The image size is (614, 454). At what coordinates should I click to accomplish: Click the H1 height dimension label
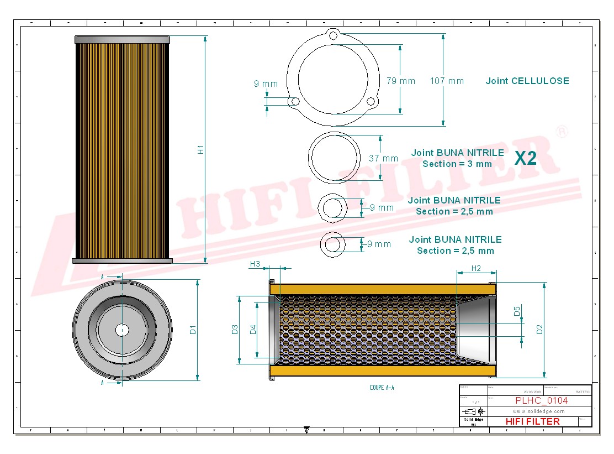pyautogui.click(x=201, y=149)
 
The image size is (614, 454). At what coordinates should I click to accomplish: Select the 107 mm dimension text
pyautogui.click(x=447, y=81)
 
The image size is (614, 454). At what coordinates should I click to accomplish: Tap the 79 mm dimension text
pyautogui.click(x=400, y=81)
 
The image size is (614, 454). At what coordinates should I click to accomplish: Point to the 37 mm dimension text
pyautogui.click(x=383, y=159)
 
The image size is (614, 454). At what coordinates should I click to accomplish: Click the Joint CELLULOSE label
pyautogui.click(x=527, y=81)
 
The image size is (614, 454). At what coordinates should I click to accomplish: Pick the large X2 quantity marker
pyautogui.click(x=525, y=158)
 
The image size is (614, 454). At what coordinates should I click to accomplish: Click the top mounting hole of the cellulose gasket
pyautogui.click(x=333, y=35)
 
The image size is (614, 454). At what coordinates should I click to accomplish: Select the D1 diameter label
pyautogui.click(x=193, y=330)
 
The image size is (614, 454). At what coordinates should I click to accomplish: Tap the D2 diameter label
pyautogui.click(x=539, y=330)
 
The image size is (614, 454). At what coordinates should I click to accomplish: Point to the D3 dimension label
pyautogui.click(x=235, y=330)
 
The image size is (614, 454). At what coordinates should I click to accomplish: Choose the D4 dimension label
pyautogui.click(x=253, y=330)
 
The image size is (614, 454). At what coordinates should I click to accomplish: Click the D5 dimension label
pyautogui.click(x=517, y=311)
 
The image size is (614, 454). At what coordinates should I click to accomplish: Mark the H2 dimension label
pyautogui.click(x=476, y=268)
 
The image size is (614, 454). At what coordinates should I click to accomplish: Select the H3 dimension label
pyautogui.click(x=255, y=264)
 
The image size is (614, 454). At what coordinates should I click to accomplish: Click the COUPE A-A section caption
pyautogui.click(x=382, y=388)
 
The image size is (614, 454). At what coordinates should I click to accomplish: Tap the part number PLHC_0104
pyautogui.click(x=533, y=400)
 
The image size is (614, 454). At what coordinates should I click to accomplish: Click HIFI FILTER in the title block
pyautogui.click(x=532, y=421)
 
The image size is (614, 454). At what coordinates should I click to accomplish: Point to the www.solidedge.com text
pyautogui.click(x=538, y=411)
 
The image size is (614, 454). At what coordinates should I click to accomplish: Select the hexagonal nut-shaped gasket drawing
pyautogui.click(x=332, y=208)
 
